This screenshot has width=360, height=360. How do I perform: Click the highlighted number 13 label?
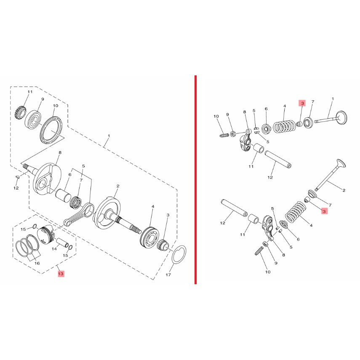(x=61, y=274)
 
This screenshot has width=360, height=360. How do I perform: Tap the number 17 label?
(x=168, y=275)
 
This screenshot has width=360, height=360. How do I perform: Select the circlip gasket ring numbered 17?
(x=173, y=254)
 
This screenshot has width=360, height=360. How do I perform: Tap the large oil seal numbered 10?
(x=51, y=130)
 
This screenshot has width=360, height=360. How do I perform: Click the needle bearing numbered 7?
(x=76, y=201)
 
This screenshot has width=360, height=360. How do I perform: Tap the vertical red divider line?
(x=195, y=179)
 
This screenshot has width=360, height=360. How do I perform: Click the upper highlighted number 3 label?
(x=302, y=103)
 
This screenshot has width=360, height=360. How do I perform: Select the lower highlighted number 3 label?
(x=324, y=211)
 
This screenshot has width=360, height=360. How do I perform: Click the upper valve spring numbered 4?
(x=284, y=126)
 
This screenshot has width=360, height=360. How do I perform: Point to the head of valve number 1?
(x=341, y=118)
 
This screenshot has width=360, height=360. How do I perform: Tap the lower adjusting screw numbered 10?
(x=259, y=251)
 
